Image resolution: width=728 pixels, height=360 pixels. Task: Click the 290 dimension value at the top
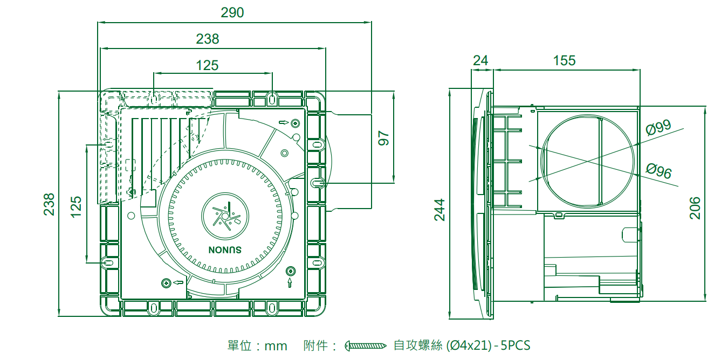232,12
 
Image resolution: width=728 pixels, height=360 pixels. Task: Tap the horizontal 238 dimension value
208,39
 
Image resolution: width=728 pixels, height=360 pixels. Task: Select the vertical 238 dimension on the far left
49,204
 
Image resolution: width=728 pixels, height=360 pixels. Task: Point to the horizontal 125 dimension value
208,66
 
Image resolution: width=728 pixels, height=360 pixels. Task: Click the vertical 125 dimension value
77,207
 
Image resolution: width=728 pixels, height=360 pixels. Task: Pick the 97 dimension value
383,138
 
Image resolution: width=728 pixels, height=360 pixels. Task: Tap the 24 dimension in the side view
480,60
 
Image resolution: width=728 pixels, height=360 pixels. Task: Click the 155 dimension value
564,60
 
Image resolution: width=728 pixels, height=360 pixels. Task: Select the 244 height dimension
440,210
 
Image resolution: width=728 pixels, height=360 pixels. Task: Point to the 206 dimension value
695,208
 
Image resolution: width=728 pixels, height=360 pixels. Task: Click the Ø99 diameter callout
658,128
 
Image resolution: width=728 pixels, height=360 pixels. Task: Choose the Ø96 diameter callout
658,172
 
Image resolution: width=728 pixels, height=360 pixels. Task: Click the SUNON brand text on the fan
225,250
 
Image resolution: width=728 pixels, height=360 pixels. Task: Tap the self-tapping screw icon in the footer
366,345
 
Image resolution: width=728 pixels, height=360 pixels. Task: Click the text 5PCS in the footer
516,345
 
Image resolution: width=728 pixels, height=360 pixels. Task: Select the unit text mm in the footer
276,345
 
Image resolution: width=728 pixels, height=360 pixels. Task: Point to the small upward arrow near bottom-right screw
291,282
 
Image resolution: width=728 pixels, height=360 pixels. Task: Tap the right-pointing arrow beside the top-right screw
283,123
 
